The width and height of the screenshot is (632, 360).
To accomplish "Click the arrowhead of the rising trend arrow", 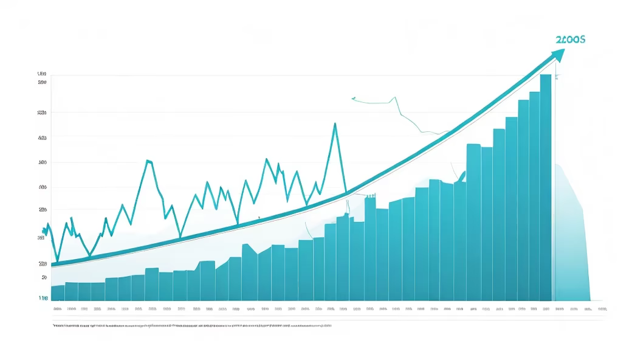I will [559, 54].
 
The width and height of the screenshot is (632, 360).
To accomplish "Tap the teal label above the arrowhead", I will [570, 39].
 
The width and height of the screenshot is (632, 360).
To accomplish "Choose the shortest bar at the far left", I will [58, 292].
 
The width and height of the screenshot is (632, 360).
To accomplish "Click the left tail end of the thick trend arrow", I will [53, 265].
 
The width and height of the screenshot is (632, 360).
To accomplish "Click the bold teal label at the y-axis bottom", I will [43, 298].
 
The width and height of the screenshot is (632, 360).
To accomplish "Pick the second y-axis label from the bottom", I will [44, 277].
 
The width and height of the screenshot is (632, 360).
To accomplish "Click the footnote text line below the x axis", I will [191, 326].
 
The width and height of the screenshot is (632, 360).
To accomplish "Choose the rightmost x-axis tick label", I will [602, 309].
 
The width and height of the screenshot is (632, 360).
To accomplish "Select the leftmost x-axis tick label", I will [57, 309].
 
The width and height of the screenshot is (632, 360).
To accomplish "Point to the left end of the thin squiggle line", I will [352, 97].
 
